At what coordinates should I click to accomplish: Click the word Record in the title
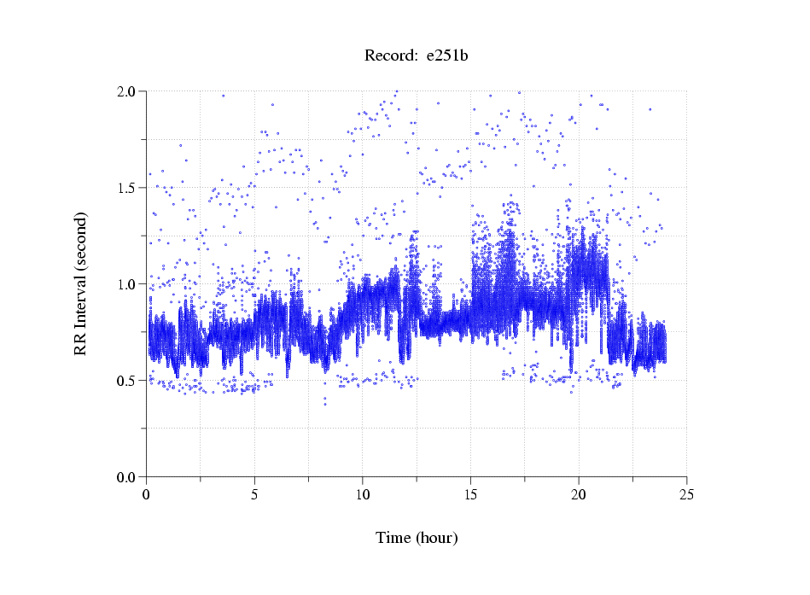389,56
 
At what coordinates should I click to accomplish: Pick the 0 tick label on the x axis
147,494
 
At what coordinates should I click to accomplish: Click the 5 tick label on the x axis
254,494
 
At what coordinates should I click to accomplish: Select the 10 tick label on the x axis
363,494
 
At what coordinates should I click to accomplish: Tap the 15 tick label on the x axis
470,494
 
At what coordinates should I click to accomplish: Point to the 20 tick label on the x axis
579,494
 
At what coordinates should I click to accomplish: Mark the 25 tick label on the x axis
686,494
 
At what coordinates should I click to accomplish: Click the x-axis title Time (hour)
417,538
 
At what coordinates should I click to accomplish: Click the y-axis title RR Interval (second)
80,283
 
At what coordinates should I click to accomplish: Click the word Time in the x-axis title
393,538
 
